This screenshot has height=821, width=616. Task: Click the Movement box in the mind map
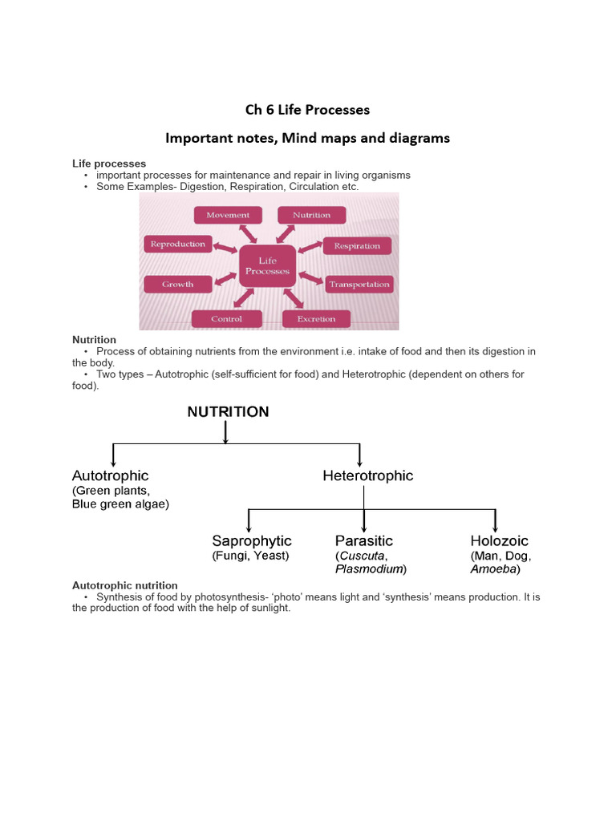click(228, 215)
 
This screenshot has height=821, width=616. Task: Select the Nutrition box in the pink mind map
click(311, 215)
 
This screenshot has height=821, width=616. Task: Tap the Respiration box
click(357, 246)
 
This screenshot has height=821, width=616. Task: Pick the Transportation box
click(359, 284)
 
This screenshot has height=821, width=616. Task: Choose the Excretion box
click(316, 318)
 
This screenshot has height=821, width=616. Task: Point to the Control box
click(227, 318)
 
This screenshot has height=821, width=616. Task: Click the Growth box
click(178, 284)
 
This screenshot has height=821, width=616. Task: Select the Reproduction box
click(178, 245)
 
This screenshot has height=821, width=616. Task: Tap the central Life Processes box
click(267, 266)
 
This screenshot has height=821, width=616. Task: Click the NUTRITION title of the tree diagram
click(228, 412)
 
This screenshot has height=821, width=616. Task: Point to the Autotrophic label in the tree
click(110, 475)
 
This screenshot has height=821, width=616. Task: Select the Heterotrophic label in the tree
click(367, 475)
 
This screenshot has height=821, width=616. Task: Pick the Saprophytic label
click(252, 541)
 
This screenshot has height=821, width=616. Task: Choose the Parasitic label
click(364, 541)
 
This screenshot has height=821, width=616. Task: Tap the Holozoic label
click(499, 541)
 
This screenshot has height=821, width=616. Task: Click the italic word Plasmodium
click(369, 569)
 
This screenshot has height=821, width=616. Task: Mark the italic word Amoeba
click(493, 569)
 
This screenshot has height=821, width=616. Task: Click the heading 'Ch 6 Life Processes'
click(307, 110)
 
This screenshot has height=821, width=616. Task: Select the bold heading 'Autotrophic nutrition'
click(125, 585)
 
